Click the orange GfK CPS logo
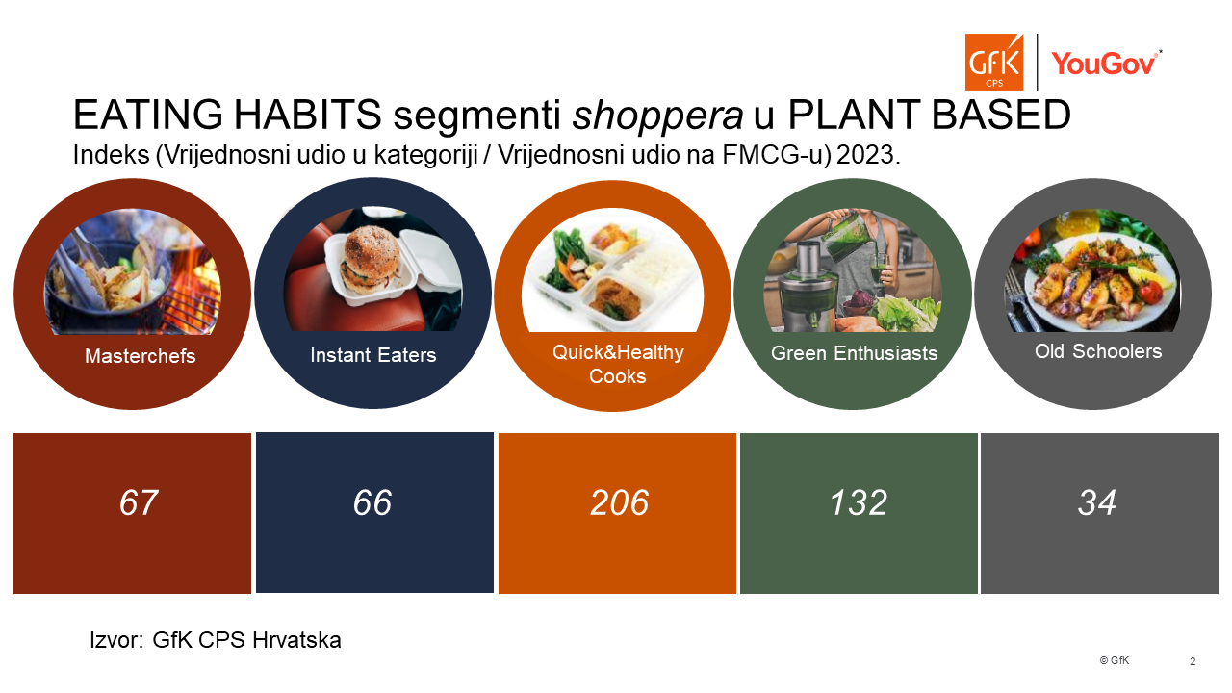(x=994, y=63)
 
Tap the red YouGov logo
(x=1107, y=63)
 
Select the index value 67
(x=139, y=502)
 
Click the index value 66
(x=372, y=502)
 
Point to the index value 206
(x=619, y=502)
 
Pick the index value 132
(x=859, y=502)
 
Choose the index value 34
(x=1096, y=502)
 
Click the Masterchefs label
(x=141, y=356)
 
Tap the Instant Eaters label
(x=372, y=355)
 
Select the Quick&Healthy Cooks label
(x=618, y=364)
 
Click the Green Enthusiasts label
(x=854, y=353)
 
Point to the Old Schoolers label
(x=1098, y=351)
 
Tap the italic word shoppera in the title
(x=657, y=115)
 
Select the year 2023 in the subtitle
(x=868, y=155)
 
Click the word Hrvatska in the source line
(x=296, y=640)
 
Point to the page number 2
(x=1193, y=661)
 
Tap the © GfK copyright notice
(x=1115, y=660)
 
